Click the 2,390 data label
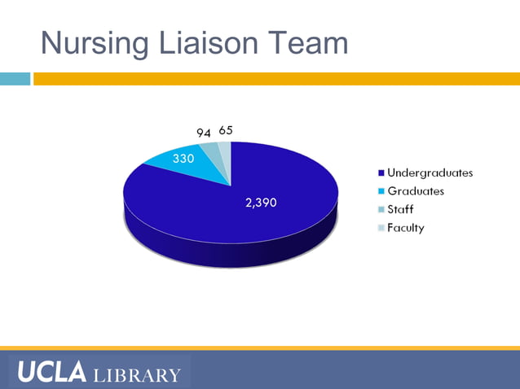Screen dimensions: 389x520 tap(261, 203)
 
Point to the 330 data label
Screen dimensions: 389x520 tap(183, 159)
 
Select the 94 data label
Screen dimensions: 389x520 tap(204, 132)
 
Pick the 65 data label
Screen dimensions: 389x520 tap(226, 130)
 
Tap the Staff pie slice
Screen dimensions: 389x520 tap(211, 151)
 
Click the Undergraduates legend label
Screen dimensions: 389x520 tap(430, 173)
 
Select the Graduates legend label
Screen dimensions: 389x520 tap(416, 191)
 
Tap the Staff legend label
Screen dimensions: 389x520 tap(400, 209)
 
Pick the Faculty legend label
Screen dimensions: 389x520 tap(405, 228)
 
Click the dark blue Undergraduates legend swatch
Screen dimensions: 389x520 tap(381, 173)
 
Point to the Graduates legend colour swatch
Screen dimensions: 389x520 tap(381, 191)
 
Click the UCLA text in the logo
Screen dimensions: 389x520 tap(51, 373)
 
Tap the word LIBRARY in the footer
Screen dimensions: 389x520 tap(137, 375)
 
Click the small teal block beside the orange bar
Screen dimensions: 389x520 tap(15, 79)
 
